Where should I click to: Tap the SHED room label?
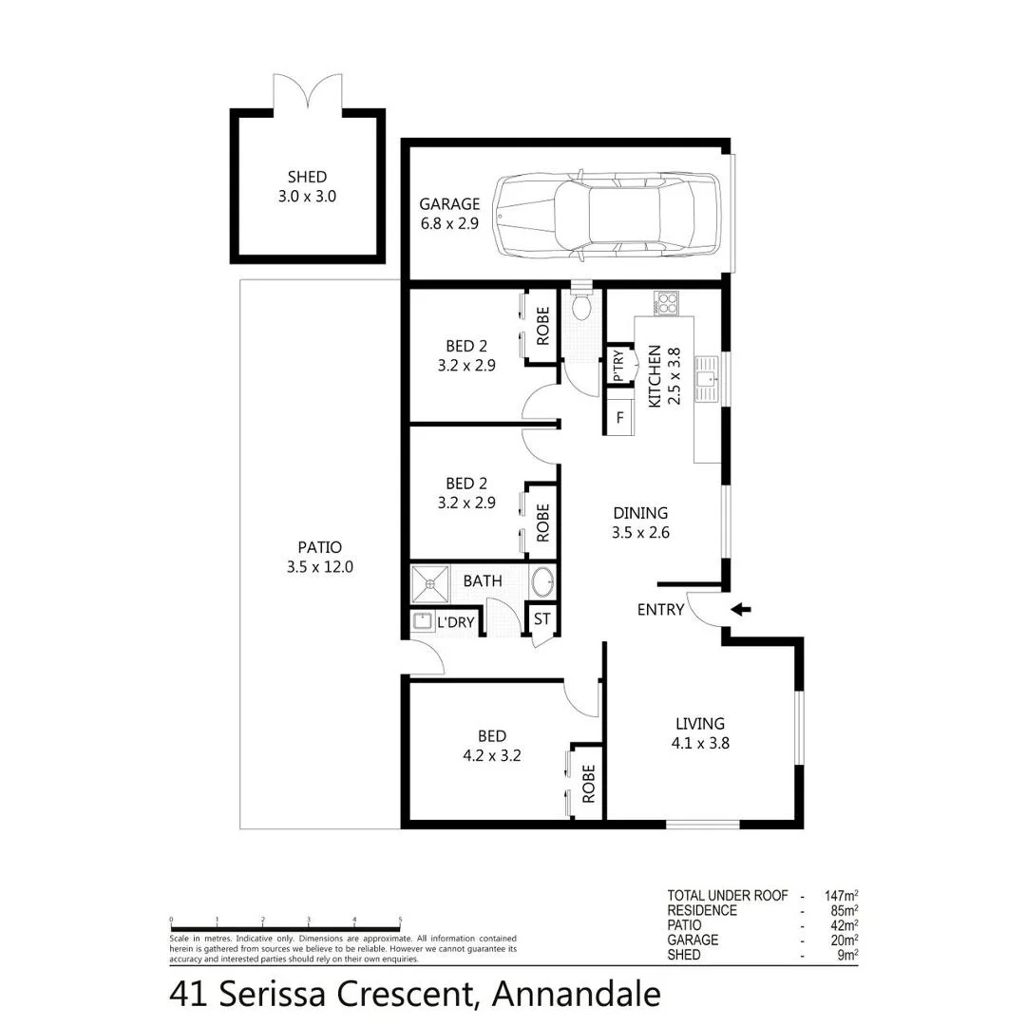pos(307,177)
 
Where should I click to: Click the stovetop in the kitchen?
pos(667,304)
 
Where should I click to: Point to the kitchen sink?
pos(708,381)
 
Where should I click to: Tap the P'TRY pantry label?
pos(618,366)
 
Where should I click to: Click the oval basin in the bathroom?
pos(543,580)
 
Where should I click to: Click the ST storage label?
pos(541,619)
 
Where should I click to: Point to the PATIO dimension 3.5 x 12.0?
pos(319,566)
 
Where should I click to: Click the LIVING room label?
pos(700,724)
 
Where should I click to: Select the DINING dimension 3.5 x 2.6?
pos(641,533)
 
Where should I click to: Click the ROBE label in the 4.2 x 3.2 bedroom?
pos(588,784)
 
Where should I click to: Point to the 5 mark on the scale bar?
pos(400,920)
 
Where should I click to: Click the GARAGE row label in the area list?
pos(693,940)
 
